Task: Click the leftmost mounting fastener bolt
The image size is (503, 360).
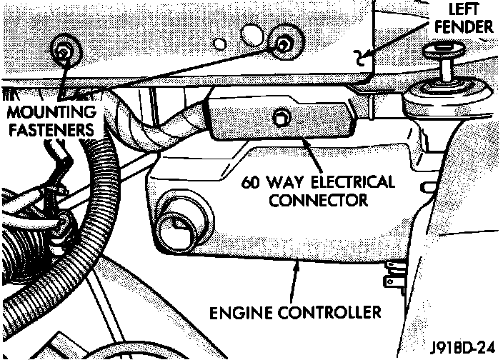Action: (64, 50)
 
